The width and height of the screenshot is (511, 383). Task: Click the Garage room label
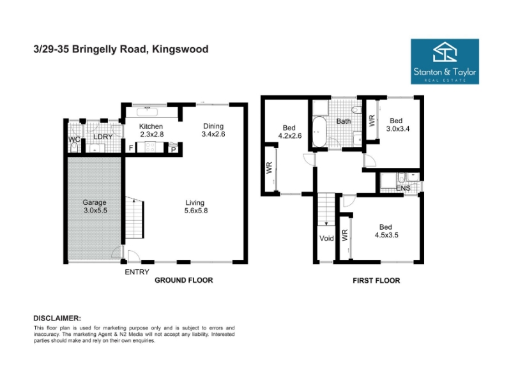(x=94, y=202)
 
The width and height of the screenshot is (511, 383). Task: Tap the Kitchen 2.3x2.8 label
(x=151, y=130)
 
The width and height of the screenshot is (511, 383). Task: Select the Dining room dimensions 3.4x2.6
(x=213, y=134)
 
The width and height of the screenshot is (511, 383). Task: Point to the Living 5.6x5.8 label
(x=196, y=206)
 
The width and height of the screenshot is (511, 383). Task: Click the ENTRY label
(x=137, y=272)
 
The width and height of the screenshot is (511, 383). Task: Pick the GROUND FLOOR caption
(x=184, y=280)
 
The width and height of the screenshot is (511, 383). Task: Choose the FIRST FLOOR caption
(x=376, y=280)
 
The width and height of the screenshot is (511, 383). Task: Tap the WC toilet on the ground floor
(x=74, y=147)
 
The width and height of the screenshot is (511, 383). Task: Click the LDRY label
(x=103, y=137)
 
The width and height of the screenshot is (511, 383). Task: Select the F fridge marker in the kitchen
(x=131, y=148)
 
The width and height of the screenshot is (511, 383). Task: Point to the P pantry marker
(x=173, y=150)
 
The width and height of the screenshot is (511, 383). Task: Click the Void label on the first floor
(x=326, y=238)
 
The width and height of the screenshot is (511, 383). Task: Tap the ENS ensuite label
(x=403, y=188)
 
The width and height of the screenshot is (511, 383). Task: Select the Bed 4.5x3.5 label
(x=386, y=231)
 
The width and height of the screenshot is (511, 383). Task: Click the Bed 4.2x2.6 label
(x=290, y=131)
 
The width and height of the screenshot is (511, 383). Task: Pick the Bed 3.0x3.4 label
(x=397, y=124)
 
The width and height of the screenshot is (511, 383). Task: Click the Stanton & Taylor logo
(x=445, y=61)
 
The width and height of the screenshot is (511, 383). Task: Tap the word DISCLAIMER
(x=57, y=318)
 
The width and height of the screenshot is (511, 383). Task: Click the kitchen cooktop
(x=150, y=147)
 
